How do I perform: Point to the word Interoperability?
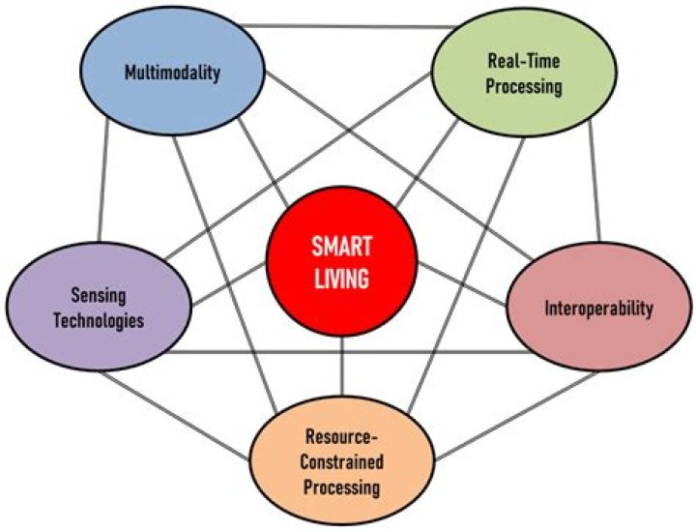(x=598, y=310)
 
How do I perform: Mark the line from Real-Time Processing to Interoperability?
(x=589, y=174)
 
